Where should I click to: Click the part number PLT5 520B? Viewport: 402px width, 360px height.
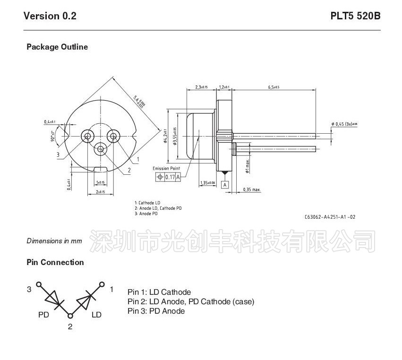click(x=355, y=16)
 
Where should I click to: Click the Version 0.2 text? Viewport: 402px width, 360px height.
click(x=50, y=16)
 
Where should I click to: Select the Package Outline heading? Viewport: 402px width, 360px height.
click(x=57, y=47)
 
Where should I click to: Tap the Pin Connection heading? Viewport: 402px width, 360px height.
click(x=55, y=262)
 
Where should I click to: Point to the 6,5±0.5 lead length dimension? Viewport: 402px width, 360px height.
click(x=274, y=87)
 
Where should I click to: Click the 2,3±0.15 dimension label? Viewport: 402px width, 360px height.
click(x=202, y=87)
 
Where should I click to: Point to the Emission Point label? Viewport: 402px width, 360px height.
click(x=166, y=168)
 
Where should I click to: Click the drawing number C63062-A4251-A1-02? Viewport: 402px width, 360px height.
click(x=330, y=217)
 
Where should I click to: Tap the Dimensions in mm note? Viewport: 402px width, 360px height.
click(x=54, y=241)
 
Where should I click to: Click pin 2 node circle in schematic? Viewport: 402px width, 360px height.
click(x=70, y=315)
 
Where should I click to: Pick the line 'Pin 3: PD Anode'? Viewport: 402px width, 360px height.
click(x=156, y=311)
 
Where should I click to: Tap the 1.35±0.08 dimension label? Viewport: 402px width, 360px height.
click(x=207, y=182)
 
